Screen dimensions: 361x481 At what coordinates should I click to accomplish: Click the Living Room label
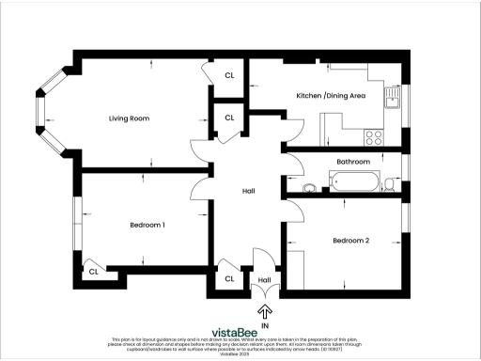[129, 118]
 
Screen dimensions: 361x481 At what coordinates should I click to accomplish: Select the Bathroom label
[353, 162]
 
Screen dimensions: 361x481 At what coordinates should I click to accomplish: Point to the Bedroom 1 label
[147, 225]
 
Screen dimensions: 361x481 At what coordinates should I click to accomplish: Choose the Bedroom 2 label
[350, 241]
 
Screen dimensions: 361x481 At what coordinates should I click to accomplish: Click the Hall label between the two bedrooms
[249, 191]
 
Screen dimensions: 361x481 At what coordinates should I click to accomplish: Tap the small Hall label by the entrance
[265, 279]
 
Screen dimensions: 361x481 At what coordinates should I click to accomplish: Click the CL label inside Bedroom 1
[93, 272]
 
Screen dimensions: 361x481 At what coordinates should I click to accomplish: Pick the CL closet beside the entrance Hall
[229, 279]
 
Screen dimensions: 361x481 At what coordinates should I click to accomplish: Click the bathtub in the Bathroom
[352, 181]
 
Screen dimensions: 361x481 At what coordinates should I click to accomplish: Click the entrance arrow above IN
[265, 310]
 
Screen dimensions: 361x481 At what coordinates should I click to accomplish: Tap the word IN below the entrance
[265, 325]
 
